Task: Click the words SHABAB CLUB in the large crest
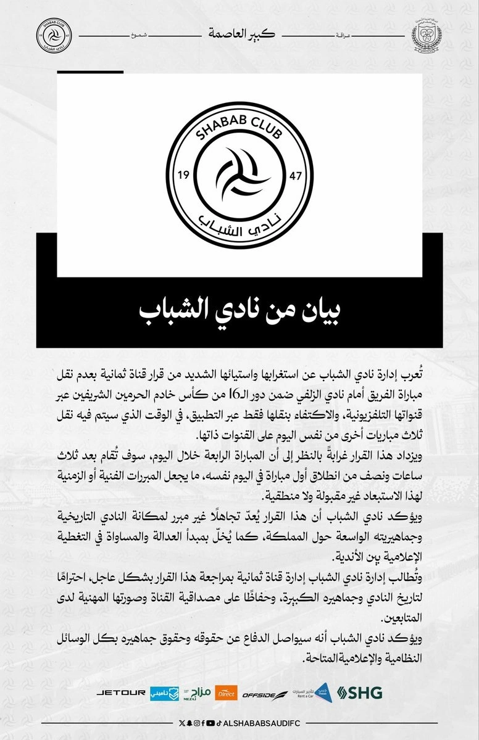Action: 239,126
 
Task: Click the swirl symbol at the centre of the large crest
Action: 239,175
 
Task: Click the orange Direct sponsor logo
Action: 225,692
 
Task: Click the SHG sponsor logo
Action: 361,692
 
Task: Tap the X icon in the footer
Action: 181,722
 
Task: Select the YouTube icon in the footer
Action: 211,722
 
